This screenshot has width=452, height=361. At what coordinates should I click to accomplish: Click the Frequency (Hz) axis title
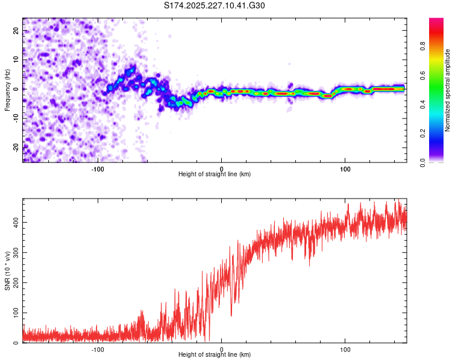tap(8, 90)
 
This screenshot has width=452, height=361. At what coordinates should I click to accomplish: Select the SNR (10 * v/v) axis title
tap(8, 271)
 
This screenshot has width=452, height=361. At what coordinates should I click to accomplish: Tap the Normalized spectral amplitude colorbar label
tap(448, 90)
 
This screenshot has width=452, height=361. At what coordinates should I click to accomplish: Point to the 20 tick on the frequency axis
tap(17, 30)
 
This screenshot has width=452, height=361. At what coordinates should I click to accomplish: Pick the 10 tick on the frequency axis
tap(17, 60)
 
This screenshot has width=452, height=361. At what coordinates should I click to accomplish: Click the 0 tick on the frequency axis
tap(17, 89)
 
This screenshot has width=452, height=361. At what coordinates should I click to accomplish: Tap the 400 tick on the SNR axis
tap(17, 223)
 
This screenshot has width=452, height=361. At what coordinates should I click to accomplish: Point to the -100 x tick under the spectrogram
tap(98, 169)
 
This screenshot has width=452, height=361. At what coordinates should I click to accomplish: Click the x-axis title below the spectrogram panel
tap(215, 174)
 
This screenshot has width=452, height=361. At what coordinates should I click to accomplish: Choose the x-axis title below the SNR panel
tap(215, 355)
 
